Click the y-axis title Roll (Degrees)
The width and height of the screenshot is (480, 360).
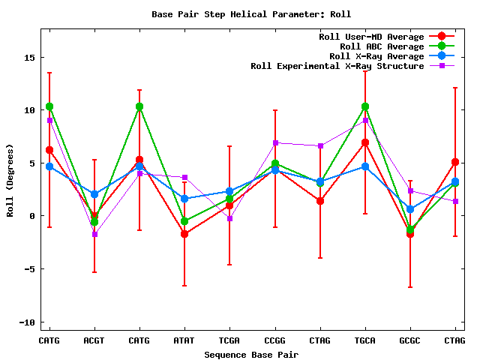(x=10, y=179)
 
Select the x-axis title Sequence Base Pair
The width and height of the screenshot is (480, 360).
(x=251, y=354)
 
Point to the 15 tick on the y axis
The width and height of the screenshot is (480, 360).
(x=28, y=57)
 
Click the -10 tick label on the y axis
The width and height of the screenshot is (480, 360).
(x=26, y=322)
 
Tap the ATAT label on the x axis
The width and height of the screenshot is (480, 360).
(x=184, y=340)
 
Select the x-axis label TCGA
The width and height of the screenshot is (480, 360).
(x=229, y=340)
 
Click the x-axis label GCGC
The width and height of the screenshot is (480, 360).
(x=410, y=340)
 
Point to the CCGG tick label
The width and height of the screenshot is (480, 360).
(x=275, y=340)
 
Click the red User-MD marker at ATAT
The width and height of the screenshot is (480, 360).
(x=184, y=234)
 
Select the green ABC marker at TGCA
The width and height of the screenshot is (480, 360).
(x=365, y=106)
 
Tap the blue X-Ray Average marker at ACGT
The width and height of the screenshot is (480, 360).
(x=94, y=194)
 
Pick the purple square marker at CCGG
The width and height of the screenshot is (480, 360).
(x=275, y=142)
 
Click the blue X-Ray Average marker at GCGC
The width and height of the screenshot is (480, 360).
(x=410, y=209)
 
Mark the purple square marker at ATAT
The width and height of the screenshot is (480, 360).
(x=184, y=178)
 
